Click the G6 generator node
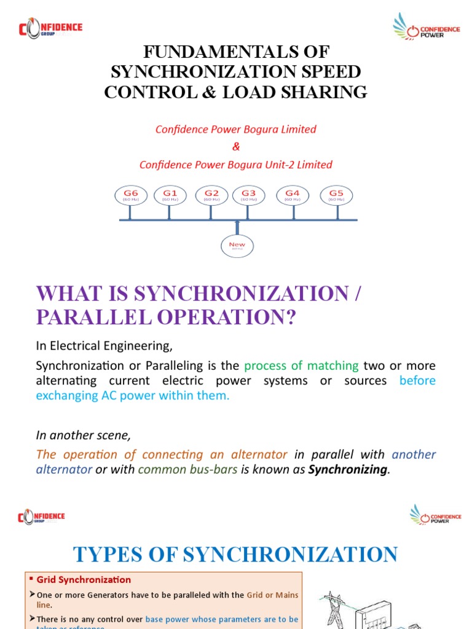point(130,195)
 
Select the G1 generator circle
point(170,195)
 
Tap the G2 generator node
point(211,195)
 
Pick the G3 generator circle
point(248,195)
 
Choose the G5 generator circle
point(336,195)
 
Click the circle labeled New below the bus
point(237,246)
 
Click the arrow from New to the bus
point(237,227)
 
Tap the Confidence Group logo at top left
point(50,28)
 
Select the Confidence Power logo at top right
point(427,26)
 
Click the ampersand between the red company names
point(235,147)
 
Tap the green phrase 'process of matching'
point(301,365)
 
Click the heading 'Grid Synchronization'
point(84,579)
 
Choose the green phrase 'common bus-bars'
point(187,470)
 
